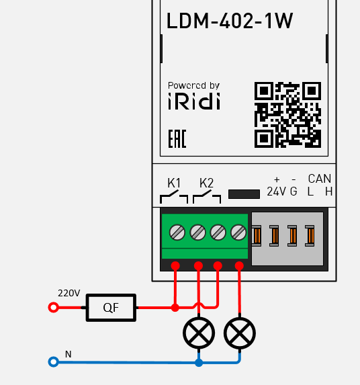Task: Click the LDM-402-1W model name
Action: pyautogui.click(x=230, y=22)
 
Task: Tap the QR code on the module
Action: pyautogui.click(x=287, y=115)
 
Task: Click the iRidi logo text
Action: pyautogui.click(x=193, y=101)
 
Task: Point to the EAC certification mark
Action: pyautogui.click(x=177, y=139)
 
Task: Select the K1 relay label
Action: pyautogui.click(x=174, y=183)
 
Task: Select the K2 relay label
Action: pyautogui.click(x=206, y=183)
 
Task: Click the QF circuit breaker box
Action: pyautogui.click(x=111, y=308)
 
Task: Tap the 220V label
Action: pyautogui.click(x=69, y=294)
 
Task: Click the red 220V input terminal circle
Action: pyautogui.click(x=54, y=308)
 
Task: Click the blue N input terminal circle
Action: pyautogui.click(x=54, y=362)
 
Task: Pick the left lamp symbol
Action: pyautogui.click(x=199, y=333)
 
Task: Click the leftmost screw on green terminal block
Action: pyautogui.click(x=177, y=232)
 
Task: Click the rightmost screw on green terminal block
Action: pyautogui.click(x=238, y=232)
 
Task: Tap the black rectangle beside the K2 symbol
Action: pyautogui.click(x=244, y=194)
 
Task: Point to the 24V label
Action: pyautogui.click(x=276, y=191)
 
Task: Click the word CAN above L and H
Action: pyautogui.click(x=320, y=179)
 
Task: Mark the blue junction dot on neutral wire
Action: pyautogui.click(x=199, y=362)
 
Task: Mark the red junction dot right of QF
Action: pyautogui.click(x=175, y=308)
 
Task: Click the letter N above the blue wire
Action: pyautogui.click(x=68, y=354)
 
